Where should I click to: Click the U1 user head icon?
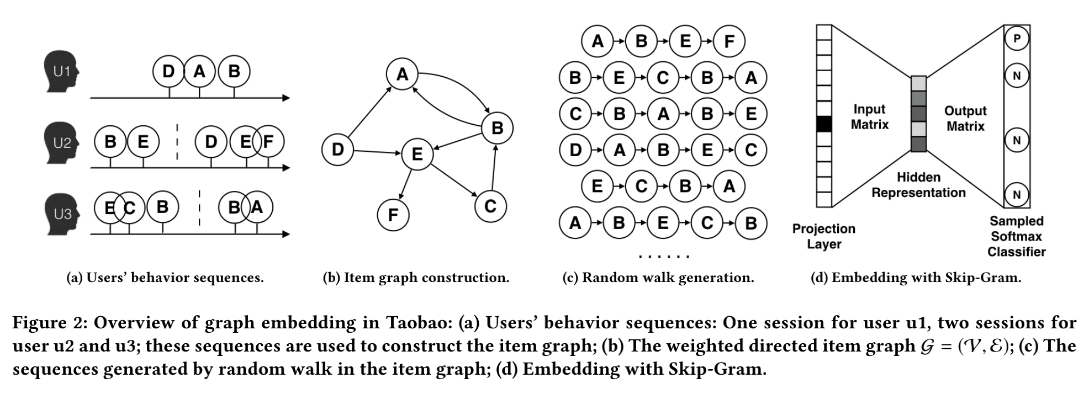point(61,72)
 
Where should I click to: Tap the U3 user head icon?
point(61,213)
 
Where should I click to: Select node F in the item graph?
point(393,215)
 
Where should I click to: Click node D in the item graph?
point(337,149)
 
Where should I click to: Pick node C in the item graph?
point(490,206)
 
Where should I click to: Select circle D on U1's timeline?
point(168,71)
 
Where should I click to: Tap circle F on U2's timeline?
point(268,142)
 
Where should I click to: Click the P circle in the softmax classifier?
point(1017,39)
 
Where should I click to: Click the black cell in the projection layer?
point(823,124)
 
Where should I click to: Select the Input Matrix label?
point(869,117)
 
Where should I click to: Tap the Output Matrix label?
point(965,119)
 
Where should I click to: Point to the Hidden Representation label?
point(918,185)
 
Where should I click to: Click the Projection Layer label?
point(823,236)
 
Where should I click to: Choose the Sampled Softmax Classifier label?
point(1016,236)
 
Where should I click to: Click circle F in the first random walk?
point(729,41)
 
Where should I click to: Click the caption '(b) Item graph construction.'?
point(416,278)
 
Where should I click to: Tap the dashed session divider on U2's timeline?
point(177,142)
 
